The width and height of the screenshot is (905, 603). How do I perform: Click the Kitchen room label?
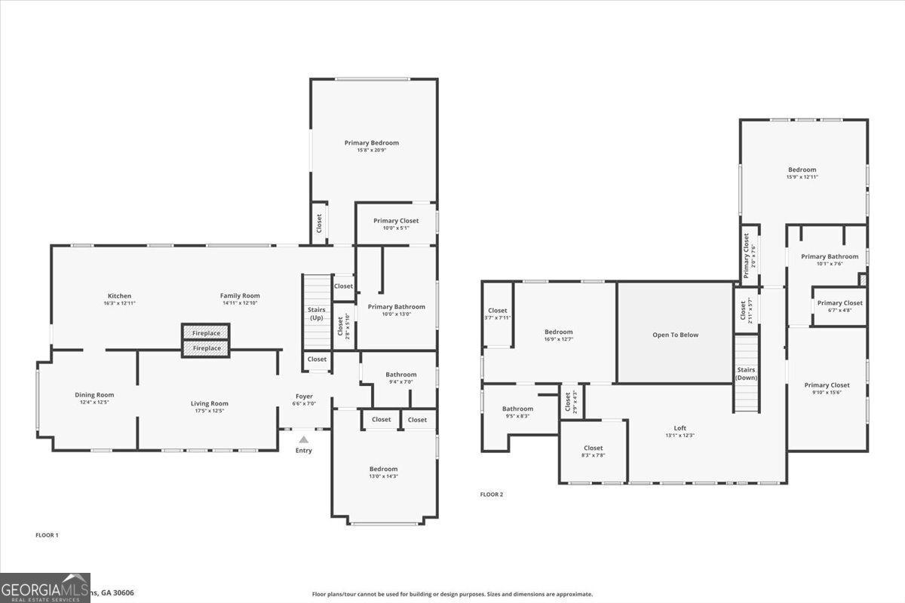(119, 296)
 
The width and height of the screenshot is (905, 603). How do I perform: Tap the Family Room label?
(240, 296)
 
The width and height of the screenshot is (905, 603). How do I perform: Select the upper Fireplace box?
(206, 333)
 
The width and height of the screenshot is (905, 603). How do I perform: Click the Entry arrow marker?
(303, 439)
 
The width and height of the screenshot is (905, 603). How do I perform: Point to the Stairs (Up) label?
(316, 314)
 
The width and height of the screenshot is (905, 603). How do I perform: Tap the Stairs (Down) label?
(746, 374)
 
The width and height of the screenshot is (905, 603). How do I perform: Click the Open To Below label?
(675, 335)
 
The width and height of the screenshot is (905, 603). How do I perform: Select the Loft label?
(680, 428)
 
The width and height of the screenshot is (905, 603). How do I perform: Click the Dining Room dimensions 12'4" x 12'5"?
(94, 402)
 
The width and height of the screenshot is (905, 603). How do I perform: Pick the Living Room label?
(209, 403)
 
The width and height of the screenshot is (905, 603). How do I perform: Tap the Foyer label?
(304, 396)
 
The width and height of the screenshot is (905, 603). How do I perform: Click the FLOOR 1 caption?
(47, 535)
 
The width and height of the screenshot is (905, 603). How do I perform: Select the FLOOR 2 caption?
(492, 494)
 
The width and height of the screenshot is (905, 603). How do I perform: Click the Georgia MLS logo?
(45, 587)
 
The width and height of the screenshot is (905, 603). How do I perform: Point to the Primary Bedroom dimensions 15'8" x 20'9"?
(372, 150)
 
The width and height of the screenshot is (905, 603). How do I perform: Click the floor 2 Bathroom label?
(518, 409)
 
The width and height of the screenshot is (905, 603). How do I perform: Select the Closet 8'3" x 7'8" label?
(594, 448)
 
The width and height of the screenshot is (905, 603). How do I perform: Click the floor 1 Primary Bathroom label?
(396, 307)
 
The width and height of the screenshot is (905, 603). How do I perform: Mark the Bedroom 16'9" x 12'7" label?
(559, 332)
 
